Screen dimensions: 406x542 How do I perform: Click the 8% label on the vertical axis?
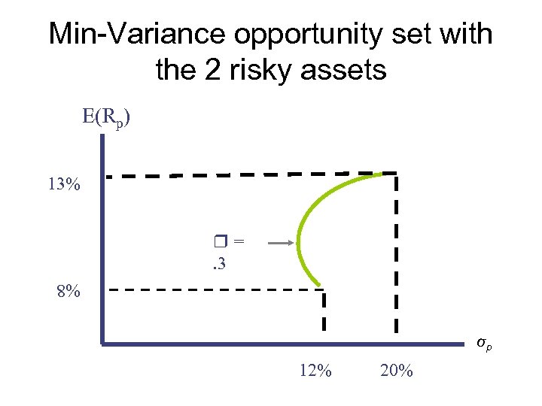click(69, 291)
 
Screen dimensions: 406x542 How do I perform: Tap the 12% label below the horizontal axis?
click(315, 371)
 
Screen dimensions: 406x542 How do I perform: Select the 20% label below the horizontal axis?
click(397, 371)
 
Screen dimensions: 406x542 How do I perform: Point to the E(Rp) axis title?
click(107, 119)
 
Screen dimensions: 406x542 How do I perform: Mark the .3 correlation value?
click(219, 263)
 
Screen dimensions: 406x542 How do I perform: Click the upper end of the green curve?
click(387, 172)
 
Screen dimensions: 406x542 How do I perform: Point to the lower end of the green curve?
click(321, 286)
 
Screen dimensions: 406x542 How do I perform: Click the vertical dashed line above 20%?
click(396, 256)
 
